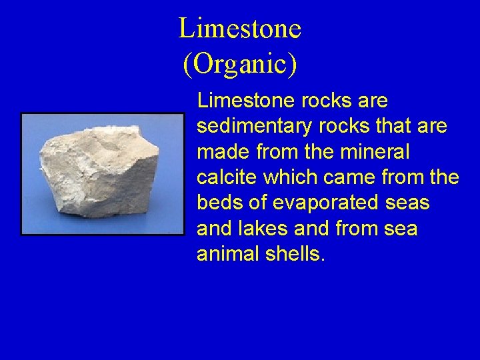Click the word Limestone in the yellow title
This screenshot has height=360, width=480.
[x=240, y=29]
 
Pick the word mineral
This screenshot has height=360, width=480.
[x=375, y=152]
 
